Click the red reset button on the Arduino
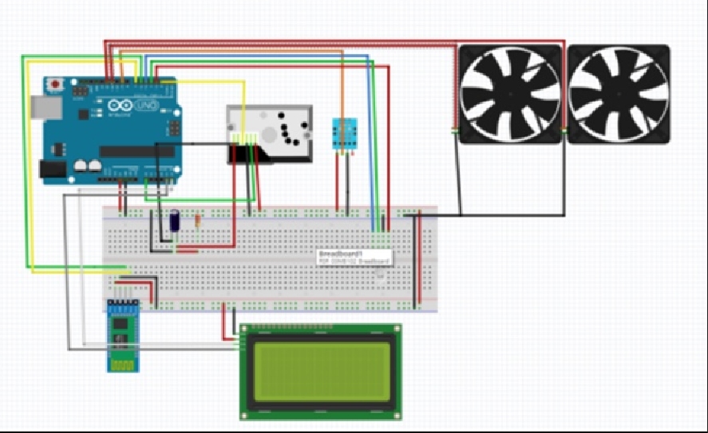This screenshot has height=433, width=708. pyautogui.click(x=55, y=83)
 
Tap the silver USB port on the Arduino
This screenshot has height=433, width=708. pyautogui.click(x=45, y=105)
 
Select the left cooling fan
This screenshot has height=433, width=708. pyautogui.click(x=508, y=94)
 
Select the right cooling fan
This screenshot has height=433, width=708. pyautogui.click(x=619, y=94)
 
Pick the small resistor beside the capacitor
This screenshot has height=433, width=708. pyautogui.click(x=197, y=220)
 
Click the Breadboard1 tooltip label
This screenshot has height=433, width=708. pyautogui.click(x=355, y=257)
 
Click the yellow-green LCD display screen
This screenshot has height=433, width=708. pyautogui.click(x=320, y=372)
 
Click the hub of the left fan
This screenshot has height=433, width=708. pyautogui.click(x=508, y=94)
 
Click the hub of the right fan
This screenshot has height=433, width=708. pyautogui.click(x=619, y=94)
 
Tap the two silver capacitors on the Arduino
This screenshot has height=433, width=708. pyautogui.click(x=87, y=166)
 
